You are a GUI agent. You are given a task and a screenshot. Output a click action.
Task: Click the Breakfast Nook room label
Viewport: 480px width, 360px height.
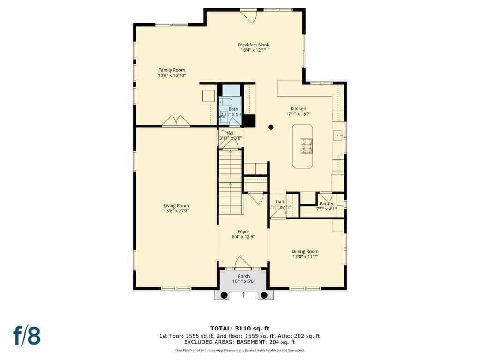point(253,45)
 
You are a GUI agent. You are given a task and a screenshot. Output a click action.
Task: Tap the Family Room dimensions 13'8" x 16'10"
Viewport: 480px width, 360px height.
point(172,75)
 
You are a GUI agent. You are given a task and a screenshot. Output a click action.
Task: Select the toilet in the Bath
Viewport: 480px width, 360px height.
point(225,101)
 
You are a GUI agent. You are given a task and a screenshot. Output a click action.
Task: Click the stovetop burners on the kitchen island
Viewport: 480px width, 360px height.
point(307,146)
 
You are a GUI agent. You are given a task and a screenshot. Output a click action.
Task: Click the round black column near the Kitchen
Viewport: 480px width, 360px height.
point(270,127)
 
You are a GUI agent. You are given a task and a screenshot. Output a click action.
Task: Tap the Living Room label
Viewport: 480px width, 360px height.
point(176,206)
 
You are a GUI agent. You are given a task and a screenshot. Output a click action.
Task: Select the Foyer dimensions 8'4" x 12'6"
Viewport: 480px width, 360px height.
point(243,237)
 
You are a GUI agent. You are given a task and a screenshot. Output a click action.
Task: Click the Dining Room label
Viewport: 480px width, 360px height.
point(305,251)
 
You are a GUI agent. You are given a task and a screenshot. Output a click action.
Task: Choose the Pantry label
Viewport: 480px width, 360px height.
point(326,203)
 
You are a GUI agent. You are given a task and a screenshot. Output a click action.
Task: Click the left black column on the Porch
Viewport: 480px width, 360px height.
point(224,295)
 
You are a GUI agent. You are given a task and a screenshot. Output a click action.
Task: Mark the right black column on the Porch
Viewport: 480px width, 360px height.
point(263,295)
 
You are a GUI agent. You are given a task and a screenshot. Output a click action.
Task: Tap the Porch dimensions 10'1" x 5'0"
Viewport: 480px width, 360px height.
point(244,281)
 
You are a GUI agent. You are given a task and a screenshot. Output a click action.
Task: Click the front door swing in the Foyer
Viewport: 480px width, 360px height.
point(243,262)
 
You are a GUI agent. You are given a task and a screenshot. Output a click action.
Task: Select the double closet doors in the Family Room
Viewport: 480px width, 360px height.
point(176,120)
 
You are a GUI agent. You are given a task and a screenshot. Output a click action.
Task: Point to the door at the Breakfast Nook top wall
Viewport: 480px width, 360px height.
point(248,16)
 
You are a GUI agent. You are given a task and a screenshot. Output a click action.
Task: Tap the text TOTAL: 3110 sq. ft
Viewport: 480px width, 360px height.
point(240,329)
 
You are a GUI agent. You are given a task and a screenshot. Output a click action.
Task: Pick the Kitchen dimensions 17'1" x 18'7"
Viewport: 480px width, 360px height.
point(299,114)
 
